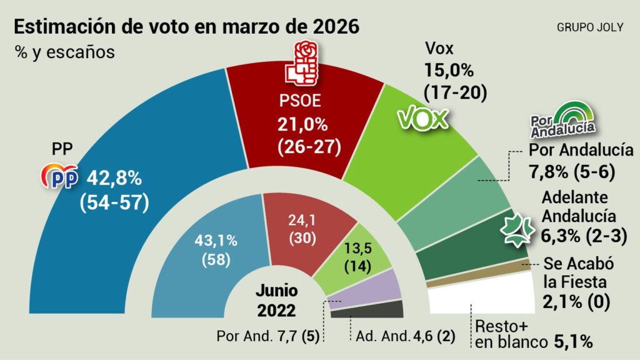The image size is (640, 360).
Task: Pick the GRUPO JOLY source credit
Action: (589, 28)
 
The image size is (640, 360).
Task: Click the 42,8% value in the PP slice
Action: (115, 177)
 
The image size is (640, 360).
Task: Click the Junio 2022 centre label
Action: (276, 300)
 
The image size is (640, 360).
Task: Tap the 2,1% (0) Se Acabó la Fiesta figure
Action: (577, 302)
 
